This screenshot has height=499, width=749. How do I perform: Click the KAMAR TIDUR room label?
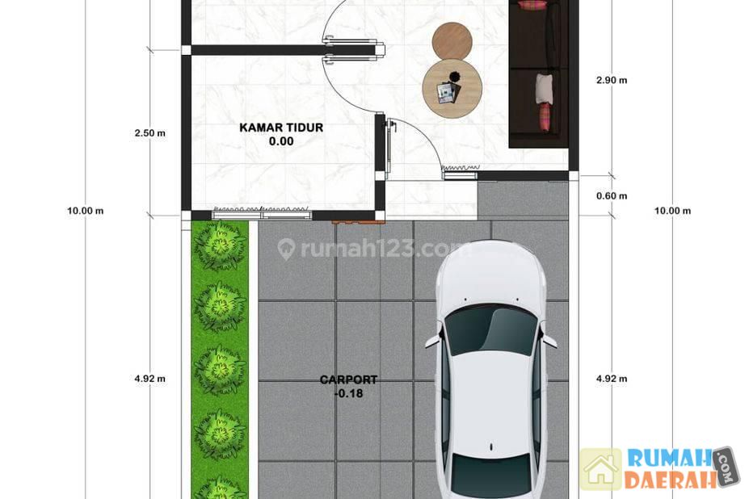pos(281,128)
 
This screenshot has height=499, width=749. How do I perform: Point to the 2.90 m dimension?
pos(612,80)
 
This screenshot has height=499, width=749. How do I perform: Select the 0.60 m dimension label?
pos(612,195)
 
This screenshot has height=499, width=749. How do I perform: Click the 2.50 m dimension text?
pos(150,133)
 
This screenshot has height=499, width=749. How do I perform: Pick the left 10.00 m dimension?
pos(85,211)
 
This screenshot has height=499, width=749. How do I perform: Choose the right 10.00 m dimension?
pos(672,211)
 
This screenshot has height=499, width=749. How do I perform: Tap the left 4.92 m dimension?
pos(150,379)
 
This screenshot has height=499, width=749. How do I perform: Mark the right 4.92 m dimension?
pos(612,379)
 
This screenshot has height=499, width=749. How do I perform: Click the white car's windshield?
pos(491,330)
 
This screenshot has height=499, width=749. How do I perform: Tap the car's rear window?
pos(491,474)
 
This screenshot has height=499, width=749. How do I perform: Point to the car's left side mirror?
pos(433,340)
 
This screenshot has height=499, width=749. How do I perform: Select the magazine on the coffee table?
pos(447,93)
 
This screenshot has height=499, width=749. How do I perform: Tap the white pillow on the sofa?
pos(545,88)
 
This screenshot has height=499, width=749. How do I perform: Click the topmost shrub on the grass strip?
pos(219,245)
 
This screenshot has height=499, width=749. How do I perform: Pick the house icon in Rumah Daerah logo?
pos(601,470)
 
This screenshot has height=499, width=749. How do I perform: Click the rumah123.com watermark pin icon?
pos(286,249)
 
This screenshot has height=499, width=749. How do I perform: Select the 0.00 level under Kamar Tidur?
pos(281,141)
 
